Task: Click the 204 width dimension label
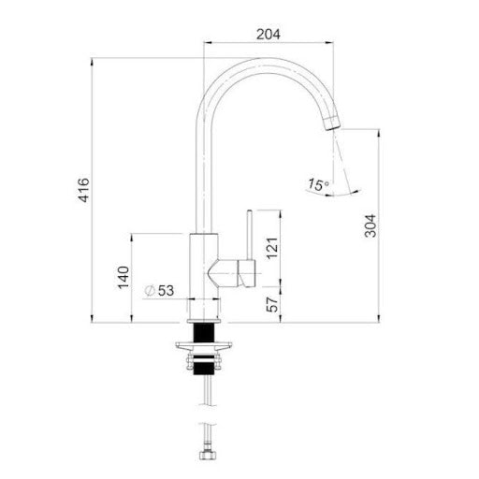pos(269,35)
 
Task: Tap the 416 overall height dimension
pos(83,190)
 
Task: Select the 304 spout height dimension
pos(370,226)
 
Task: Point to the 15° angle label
pos(318,184)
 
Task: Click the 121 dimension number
pos(271,248)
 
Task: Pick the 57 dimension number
pos(271,305)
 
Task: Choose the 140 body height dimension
pos(123,278)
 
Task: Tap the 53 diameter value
pos(166,291)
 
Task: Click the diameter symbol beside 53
pos(150,291)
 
